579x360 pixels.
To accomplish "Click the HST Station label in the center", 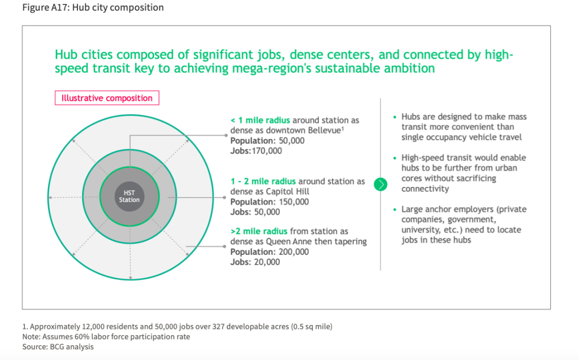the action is click(129, 197).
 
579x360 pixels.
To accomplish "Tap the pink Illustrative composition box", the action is click(107, 98).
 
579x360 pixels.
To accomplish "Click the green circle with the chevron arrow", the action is click(381, 184).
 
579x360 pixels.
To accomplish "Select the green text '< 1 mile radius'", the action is click(260, 120).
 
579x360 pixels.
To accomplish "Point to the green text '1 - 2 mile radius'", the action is click(263, 181).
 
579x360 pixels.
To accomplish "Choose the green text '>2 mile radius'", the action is click(259, 231).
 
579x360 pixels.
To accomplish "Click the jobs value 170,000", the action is click(267, 151).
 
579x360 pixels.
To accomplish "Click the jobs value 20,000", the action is click(267, 262).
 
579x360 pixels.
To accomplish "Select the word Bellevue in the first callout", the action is click(325, 131).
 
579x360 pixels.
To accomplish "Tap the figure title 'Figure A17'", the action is click(45, 7).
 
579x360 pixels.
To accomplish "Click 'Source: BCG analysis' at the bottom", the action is click(58, 346).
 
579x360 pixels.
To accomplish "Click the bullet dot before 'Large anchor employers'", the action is click(395, 209).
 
